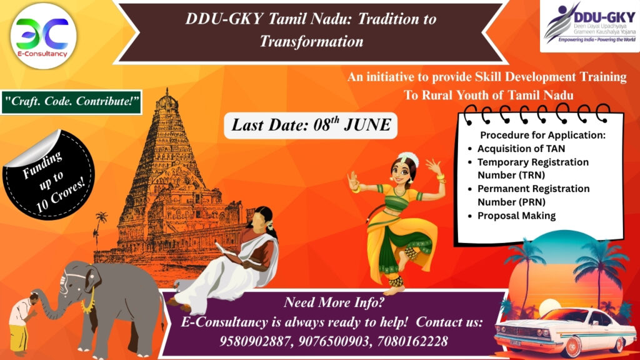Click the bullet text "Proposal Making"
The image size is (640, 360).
516,216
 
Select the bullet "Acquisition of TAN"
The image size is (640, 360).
522,149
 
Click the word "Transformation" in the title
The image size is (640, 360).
311,42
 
